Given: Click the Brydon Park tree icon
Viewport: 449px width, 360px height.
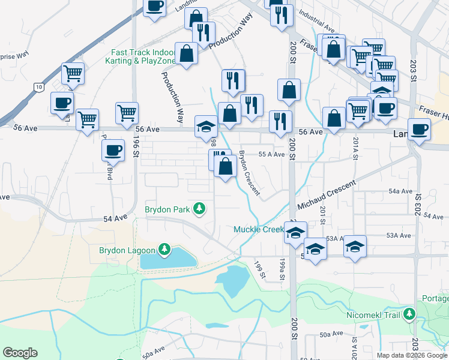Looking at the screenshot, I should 199,209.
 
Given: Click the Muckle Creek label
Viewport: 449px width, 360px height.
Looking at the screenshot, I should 258,230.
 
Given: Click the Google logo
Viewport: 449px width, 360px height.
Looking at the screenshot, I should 20,353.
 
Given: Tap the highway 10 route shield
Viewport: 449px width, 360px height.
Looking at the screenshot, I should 38,87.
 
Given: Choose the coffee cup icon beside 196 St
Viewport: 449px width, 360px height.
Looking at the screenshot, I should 112,150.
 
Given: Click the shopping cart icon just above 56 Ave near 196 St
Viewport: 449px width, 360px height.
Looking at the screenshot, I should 127,112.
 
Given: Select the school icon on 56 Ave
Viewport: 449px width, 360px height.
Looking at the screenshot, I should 206,126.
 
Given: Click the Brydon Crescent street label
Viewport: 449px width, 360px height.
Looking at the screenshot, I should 249,172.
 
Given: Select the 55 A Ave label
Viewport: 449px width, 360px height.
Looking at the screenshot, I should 271,155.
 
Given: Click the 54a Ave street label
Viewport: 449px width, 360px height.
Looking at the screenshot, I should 400,191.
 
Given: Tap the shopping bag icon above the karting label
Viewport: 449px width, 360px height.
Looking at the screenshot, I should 187,53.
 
